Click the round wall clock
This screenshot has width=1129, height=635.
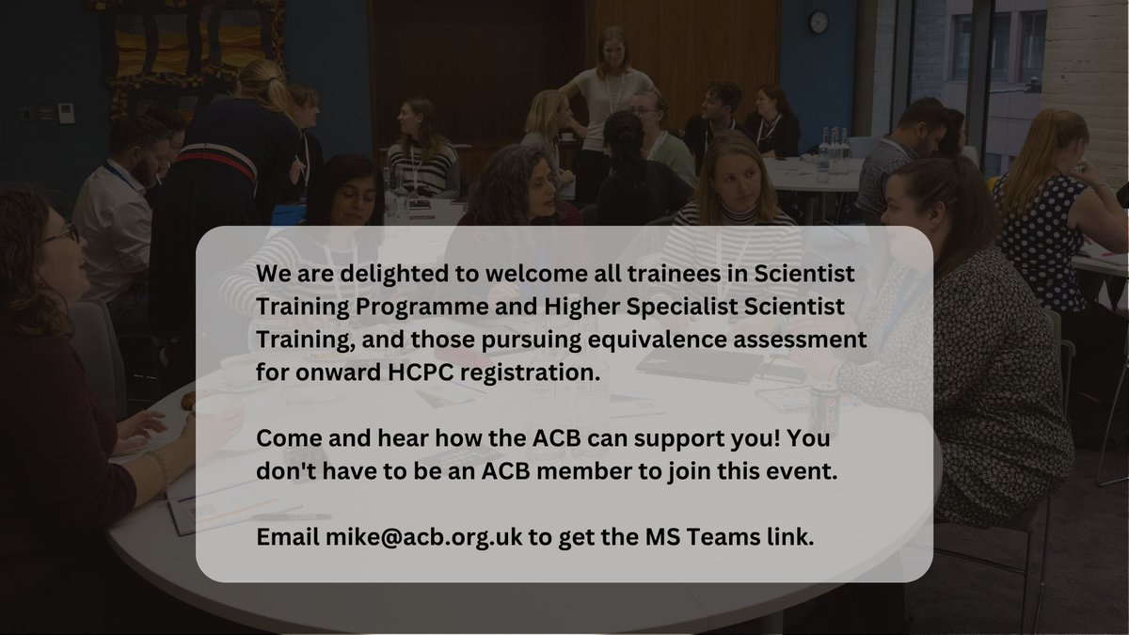click(818, 22)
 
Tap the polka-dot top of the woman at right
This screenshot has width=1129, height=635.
click(1040, 226)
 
